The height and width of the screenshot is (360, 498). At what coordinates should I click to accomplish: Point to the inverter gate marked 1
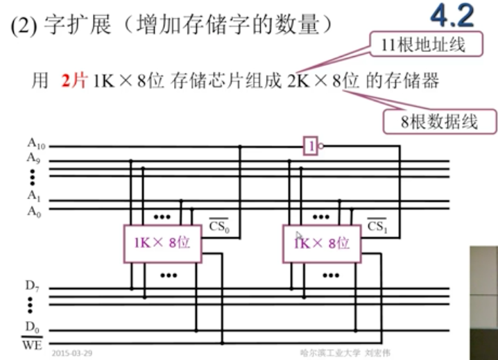coord(311,146)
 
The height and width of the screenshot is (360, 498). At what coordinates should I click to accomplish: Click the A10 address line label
coord(35,144)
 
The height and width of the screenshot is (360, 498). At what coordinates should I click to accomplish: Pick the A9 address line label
coord(34,159)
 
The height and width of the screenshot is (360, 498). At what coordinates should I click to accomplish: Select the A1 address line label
coord(34,195)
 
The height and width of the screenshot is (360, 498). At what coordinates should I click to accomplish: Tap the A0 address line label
coord(34,212)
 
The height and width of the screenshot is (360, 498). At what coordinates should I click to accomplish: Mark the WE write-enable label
coord(33,343)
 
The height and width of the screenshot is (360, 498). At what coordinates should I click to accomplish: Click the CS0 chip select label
coord(218,226)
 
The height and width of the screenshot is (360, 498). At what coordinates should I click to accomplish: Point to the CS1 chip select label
coord(377,226)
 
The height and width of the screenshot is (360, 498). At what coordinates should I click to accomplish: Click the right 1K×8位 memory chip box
coord(320,243)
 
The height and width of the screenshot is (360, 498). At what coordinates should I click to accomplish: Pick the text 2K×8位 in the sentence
coord(323,80)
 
